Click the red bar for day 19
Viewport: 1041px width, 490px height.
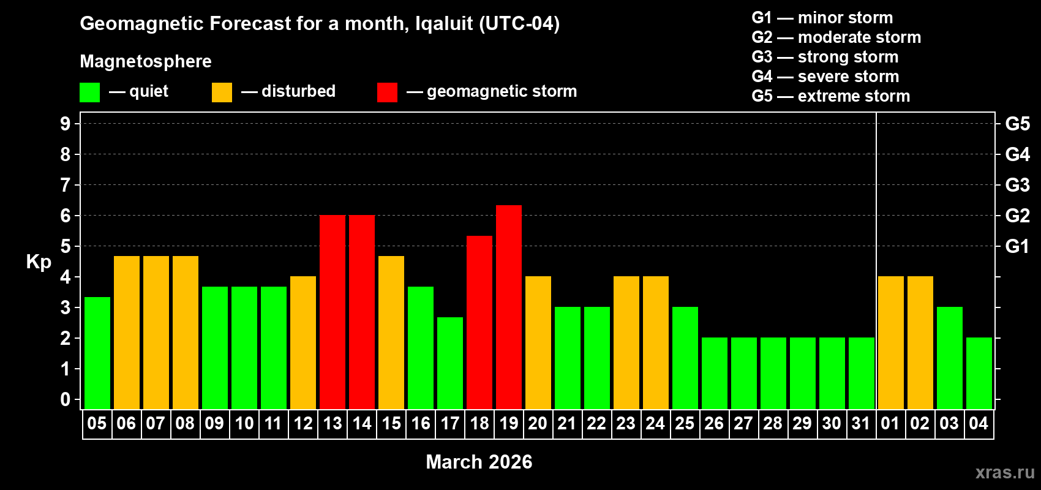pos(509,307)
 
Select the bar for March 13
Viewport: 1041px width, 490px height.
pos(333,312)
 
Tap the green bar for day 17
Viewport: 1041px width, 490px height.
pos(450,363)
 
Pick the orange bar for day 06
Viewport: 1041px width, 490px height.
pos(127,332)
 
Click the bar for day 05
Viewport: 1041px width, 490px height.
pos(97,353)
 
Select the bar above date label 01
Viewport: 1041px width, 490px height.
pos(891,342)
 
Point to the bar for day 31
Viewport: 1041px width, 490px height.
pos(862,373)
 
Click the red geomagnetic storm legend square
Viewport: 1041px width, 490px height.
pos(387,92)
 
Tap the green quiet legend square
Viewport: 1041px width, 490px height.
pos(89,92)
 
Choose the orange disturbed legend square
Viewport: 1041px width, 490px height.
pos(222,92)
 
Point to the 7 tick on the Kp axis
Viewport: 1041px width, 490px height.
pos(66,185)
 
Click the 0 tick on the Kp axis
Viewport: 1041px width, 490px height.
pos(66,399)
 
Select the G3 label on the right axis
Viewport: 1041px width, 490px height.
pos(1017,185)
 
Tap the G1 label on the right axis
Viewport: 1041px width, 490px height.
pos(1017,246)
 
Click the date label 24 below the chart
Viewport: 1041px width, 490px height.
pos(655,423)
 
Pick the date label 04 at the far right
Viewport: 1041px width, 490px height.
pos(979,423)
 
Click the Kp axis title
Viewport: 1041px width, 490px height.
pos(39,262)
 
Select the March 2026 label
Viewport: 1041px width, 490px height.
pos(479,462)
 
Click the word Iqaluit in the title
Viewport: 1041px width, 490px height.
pos(444,24)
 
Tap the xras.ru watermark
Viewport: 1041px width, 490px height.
pos(1005,472)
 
